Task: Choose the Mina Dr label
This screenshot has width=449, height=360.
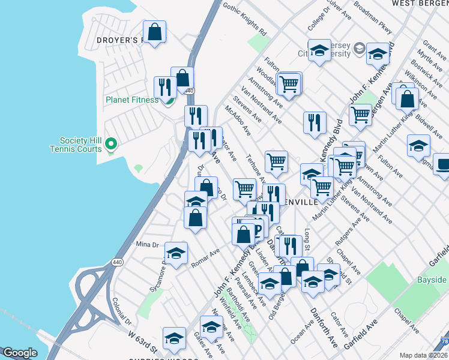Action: click(x=147, y=244)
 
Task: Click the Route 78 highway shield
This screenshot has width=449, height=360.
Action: click(x=444, y=341)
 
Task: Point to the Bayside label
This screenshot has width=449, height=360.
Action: click(x=433, y=280)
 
